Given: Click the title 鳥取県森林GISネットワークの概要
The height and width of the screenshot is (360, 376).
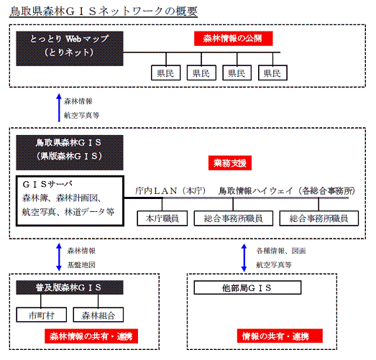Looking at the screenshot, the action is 104,11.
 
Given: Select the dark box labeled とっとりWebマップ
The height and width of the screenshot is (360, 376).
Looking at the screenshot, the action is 70,48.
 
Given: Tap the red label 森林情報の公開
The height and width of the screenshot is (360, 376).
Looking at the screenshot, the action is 234,38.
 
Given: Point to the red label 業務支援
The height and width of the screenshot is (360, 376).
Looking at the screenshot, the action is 230,163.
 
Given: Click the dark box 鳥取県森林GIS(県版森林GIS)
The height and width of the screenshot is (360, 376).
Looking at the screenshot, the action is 70,152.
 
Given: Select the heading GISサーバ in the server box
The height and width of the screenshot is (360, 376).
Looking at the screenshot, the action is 47,185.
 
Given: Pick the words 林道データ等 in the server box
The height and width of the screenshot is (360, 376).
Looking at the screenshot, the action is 89,212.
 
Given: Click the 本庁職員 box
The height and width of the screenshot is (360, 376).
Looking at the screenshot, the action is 162,218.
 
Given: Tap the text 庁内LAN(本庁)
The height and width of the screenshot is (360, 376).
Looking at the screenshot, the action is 170,191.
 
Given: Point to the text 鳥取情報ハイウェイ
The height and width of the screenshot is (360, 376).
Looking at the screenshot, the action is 256,191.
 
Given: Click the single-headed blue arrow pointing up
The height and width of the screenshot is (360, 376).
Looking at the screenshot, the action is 59,108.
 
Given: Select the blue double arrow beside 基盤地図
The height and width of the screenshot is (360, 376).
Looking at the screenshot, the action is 59,257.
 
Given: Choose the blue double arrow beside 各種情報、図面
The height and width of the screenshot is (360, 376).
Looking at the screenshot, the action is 244,258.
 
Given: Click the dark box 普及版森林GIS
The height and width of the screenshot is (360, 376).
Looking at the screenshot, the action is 70,287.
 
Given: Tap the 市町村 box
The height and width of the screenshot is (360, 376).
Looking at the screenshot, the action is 42,315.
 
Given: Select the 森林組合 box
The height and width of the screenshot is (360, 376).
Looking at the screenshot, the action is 98,315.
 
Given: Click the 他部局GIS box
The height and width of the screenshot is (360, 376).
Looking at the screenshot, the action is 247,287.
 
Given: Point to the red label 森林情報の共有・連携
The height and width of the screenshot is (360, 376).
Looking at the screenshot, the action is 91,336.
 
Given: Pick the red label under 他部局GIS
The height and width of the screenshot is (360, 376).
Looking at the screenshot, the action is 280,336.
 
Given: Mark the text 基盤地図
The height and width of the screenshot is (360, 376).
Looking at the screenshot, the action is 81,265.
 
